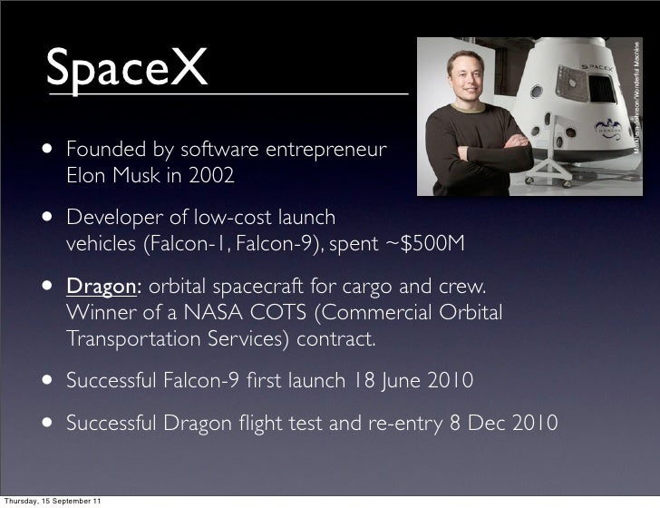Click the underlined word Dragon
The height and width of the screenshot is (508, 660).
[100, 288]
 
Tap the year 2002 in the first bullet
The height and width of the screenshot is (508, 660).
[213, 175]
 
